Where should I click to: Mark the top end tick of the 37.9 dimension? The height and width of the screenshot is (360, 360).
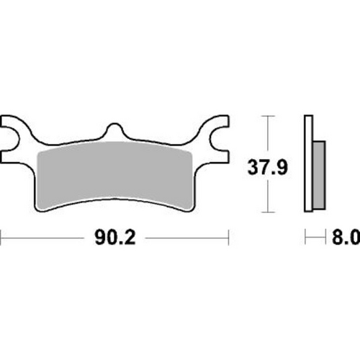(x=269, y=115)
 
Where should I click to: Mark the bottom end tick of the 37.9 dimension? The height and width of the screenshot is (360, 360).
(x=269, y=213)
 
